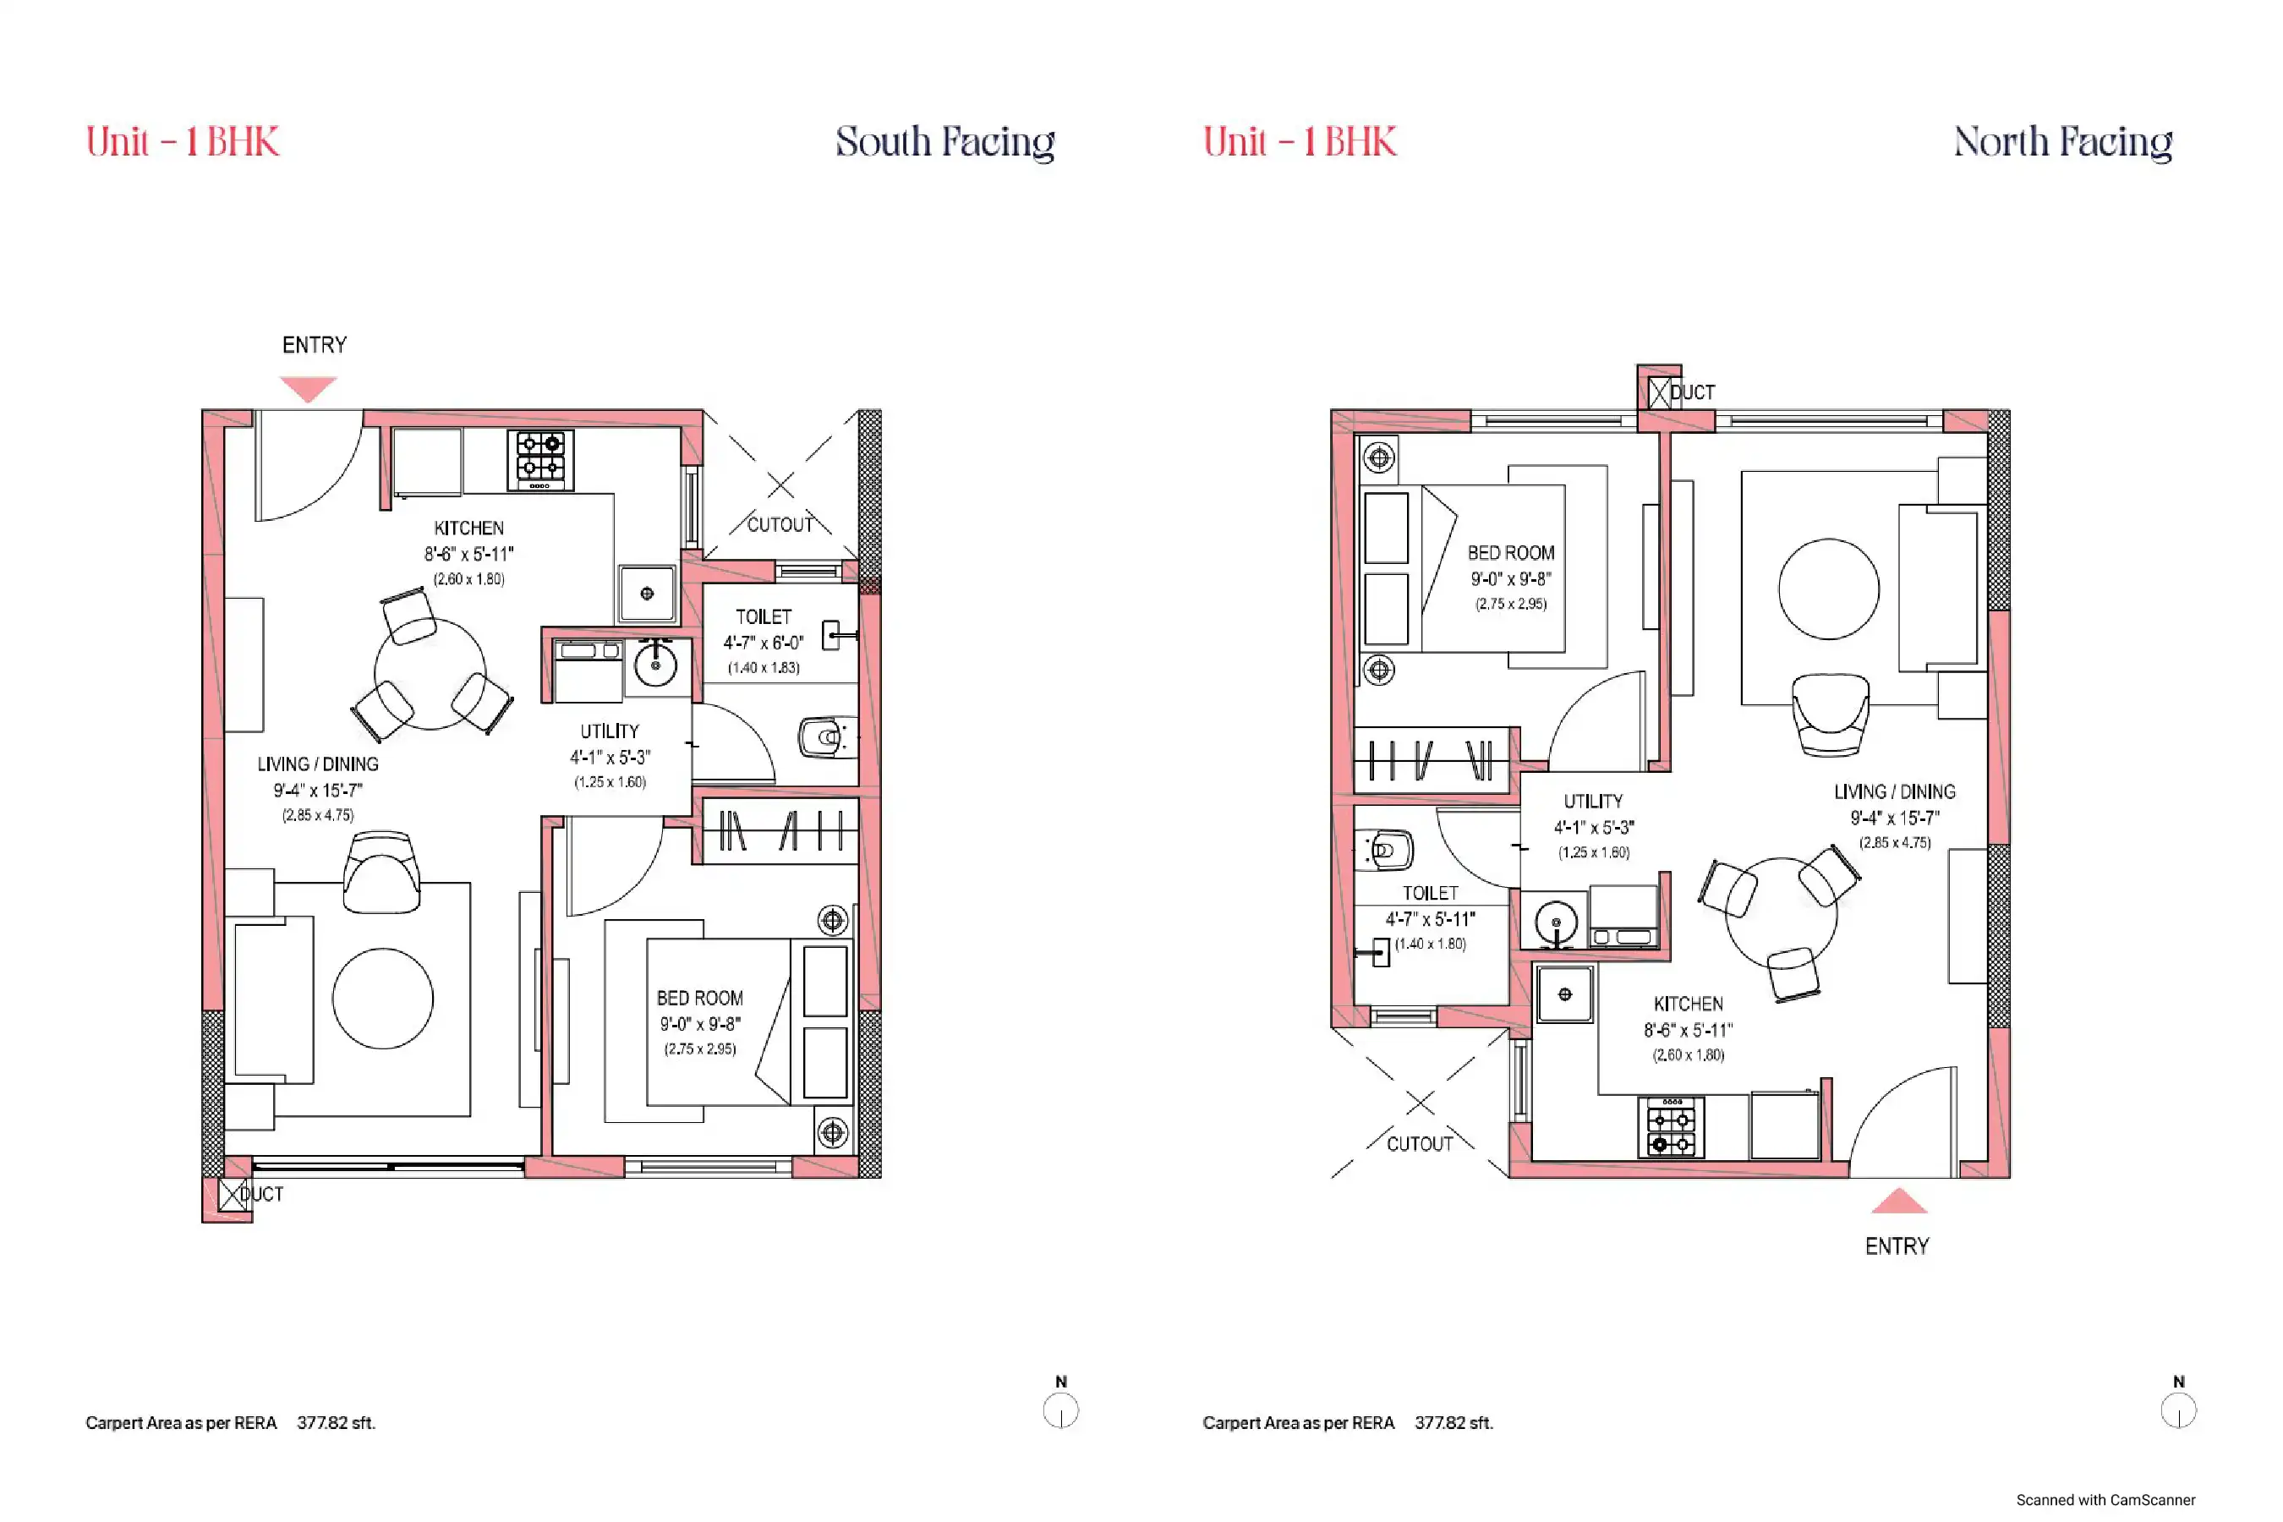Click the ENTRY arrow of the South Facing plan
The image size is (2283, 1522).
point(309,387)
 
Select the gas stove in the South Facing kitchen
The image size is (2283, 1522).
point(540,460)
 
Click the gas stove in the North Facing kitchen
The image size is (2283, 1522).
point(1671,1127)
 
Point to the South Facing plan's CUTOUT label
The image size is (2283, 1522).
point(780,525)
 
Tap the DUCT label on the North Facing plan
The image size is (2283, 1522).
point(1692,392)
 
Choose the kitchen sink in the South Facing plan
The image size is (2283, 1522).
point(648,593)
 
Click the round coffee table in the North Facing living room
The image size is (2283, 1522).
point(1829,589)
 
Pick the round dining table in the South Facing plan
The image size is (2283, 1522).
point(430,675)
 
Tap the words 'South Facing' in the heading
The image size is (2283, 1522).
point(945,142)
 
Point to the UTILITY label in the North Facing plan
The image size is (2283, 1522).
point(1593,802)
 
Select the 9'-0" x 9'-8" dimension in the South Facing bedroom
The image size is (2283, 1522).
point(700,1024)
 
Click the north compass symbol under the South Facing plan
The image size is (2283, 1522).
point(1061,1410)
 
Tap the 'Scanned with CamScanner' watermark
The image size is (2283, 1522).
point(2105,1500)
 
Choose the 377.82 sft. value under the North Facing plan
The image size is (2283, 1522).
point(1454,1423)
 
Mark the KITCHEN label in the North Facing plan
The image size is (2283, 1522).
point(1688,1005)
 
